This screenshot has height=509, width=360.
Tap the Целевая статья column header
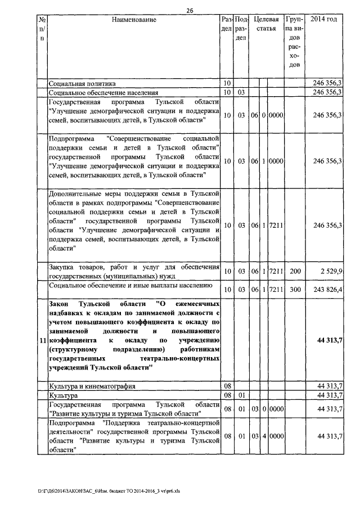click(266, 24)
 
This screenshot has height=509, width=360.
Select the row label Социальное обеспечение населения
click(103, 92)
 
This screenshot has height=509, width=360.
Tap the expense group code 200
click(295, 272)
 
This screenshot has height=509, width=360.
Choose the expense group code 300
click(295, 290)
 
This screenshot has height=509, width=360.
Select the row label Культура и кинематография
click(92, 387)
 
